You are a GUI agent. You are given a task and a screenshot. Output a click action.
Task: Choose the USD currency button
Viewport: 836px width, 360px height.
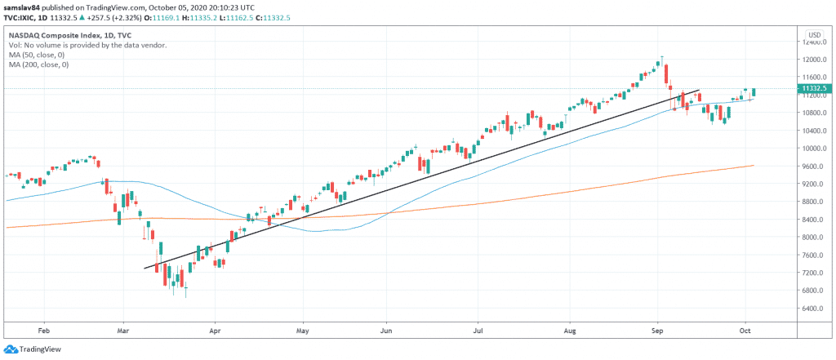tap(813, 35)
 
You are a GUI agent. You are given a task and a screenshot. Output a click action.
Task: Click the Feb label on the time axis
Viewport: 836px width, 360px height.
tap(44, 331)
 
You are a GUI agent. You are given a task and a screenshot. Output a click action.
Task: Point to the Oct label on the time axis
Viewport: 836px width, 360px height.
tap(745, 331)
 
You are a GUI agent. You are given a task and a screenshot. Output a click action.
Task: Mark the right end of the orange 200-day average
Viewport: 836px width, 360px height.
tap(753, 166)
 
